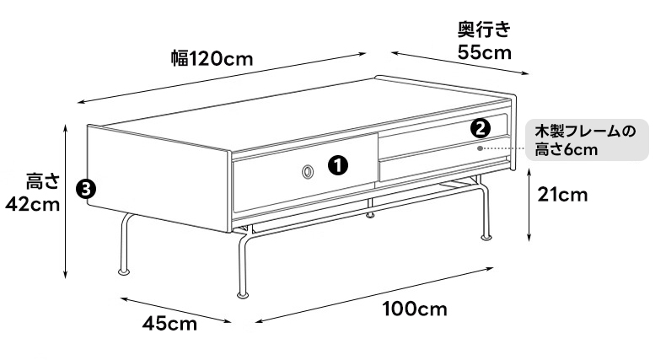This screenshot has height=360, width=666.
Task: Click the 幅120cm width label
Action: [212, 58]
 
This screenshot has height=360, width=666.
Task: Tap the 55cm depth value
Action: [485, 52]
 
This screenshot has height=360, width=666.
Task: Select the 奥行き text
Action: [484, 30]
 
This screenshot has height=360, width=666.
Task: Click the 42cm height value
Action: [32, 205]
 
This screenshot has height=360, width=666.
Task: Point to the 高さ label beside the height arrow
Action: [42, 181]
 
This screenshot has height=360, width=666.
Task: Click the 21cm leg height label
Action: [562, 195]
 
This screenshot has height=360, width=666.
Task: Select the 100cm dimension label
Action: [415, 309]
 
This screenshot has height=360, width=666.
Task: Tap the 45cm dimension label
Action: [169, 324]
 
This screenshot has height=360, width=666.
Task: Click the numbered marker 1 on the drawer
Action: [338, 165]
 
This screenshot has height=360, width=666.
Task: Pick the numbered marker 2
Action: [481, 129]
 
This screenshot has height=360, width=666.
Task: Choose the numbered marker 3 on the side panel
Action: [86, 189]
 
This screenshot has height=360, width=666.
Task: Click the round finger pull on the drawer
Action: [308, 172]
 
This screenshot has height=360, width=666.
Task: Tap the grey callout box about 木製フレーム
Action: [587, 140]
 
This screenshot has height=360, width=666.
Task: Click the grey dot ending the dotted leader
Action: [480, 148]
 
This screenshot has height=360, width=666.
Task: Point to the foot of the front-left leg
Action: [124, 271]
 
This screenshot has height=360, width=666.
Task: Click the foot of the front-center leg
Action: [243, 293]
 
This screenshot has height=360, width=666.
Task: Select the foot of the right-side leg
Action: [486, 237]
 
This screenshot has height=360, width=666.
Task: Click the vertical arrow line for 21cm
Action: [529, 205]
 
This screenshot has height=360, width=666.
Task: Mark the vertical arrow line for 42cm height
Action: [66, 201]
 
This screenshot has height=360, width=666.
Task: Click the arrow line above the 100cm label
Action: [374, 295]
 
